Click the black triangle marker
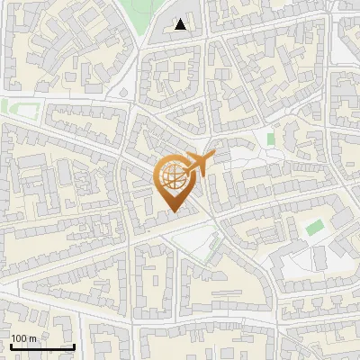click(x=181, y=24)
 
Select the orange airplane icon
click(x=201, y=163)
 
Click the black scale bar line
click(x=42, y=346)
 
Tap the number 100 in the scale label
click(x=19, y=338)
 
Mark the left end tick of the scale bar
click(x=11, y=345)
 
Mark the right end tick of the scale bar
click(x=74, y=345)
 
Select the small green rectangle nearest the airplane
click(x=269, y=139)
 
